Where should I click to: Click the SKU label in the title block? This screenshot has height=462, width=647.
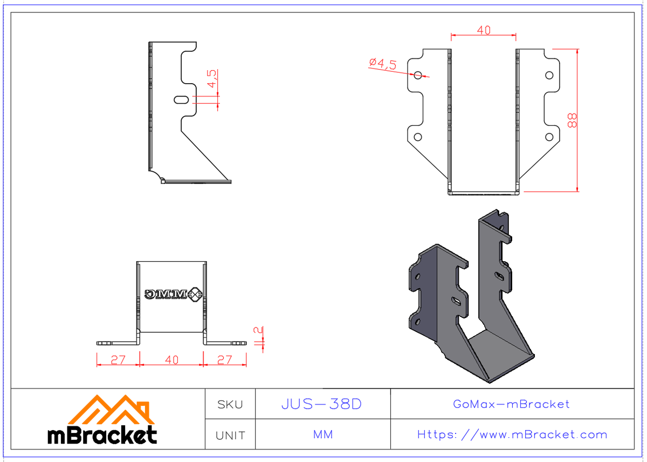pyautogui.click(x=230, y=404)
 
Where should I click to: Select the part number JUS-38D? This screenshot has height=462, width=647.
pyautogui.click(x=322, y=404)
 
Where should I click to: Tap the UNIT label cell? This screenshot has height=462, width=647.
pyautogui.click(x=230, y=435)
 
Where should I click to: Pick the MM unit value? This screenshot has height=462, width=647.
pyautogui.click(x=322, y=434)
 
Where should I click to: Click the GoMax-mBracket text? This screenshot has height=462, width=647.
pyautogui.click(x=511, y=404)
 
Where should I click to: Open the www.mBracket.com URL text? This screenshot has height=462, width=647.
pyautogui.click(x=512, y=434)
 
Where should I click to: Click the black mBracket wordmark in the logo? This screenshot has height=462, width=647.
pyautogui.click(x=102, y=435)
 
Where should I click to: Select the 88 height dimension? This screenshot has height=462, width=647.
pyautogui.click(x=573, y=120)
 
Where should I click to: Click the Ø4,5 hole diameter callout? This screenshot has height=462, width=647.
pyautogui.click(x=383, y=64)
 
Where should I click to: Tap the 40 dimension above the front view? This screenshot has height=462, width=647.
pyautogui.click(x=484, y=31)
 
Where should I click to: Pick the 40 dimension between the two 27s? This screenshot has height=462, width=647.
pyautogui.click(x=171, y=360)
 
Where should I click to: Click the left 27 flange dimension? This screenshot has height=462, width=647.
pyautogui.click(x=118, y=360)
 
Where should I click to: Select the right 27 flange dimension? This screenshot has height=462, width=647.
pyautogui.click(x=224, y=360)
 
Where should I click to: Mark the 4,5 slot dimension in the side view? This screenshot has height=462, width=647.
pyautogui.click(x=212, y=79)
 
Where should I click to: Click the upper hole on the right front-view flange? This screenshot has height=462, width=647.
pyautogui.click(x=549, y=75)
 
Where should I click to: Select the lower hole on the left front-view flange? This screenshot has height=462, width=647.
pyautogui.click(x=418, y=137)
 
